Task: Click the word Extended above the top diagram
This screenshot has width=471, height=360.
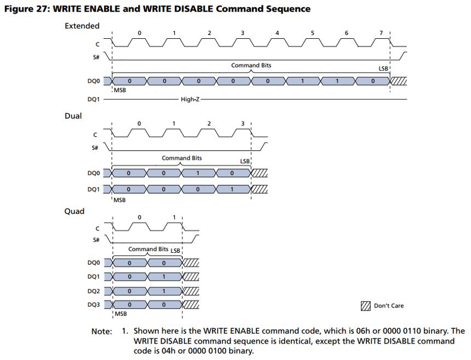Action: [x=82, y=26]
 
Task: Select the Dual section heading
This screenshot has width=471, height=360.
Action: [x=73, y=116]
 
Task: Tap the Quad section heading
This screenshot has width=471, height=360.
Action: [x=74, y=211]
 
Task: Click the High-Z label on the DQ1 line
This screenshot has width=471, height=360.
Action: [x=190, y=99]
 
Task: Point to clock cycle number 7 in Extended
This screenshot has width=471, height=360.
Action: [x=381, y=33]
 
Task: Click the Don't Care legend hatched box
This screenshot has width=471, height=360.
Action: [x=365, y=306]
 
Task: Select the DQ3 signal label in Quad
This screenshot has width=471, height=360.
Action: [x=94, y=305]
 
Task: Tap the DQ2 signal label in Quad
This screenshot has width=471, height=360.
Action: [x=94, y=291]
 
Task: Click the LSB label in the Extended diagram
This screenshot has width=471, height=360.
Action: [x=383, y=69]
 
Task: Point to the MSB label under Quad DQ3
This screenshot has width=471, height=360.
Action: [x=120, y=314]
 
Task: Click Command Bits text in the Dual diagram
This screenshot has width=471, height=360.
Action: [x=182, y=158]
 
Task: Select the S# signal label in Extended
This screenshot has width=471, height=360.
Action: [x=96, y=57]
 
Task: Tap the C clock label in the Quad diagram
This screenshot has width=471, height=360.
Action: [x=97, y=229]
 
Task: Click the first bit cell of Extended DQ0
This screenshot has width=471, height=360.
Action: [x=129, y=81]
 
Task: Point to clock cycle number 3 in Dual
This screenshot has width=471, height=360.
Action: [x=243, y=124]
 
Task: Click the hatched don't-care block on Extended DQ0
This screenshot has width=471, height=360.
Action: [x=398, y=81]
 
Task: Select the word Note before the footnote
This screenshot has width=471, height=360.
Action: [x=101, y=332]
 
